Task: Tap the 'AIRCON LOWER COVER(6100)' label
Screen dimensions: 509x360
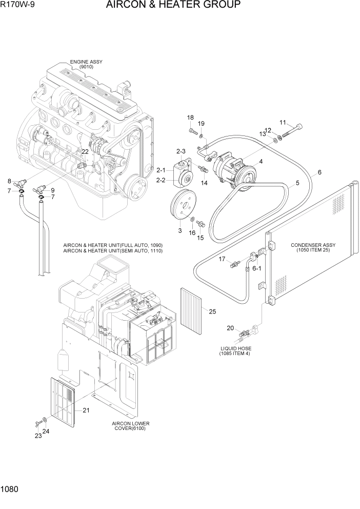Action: click(x=130, y=426)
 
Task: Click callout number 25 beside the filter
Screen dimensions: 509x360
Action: click(x=212, y=310)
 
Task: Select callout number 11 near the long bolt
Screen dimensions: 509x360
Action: click(x=283, y=122)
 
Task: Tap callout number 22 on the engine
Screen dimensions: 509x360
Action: click(x=85, y=151)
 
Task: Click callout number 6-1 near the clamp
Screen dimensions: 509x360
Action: click(x=256, y=268)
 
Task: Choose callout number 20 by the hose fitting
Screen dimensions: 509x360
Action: click(x=230, y=328)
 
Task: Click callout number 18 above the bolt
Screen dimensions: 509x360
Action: click(x=190, y=118)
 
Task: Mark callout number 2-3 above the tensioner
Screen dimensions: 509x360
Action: click(x=181, y=151)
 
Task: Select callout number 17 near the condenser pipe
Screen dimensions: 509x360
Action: click(x=223, y=259)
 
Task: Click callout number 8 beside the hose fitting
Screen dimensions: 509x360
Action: click(x=9, y=181)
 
